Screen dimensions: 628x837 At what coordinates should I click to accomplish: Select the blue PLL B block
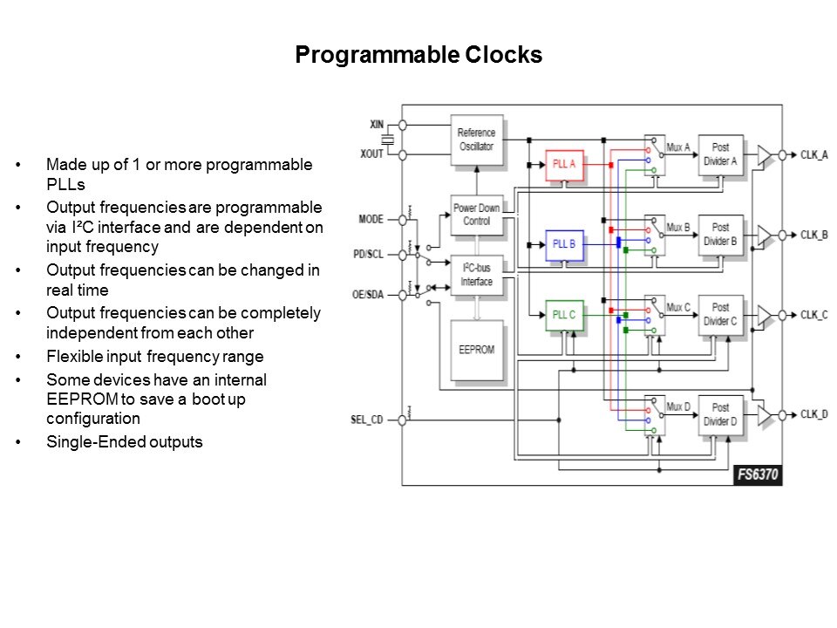click(564, 244)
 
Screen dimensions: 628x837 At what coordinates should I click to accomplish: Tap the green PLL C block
click(564, 315)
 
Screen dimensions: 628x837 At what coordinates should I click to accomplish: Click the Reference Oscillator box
click(476, 140)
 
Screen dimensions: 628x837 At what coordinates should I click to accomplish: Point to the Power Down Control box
click(477, 215)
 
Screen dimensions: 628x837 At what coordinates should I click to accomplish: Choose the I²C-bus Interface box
click(477, 276)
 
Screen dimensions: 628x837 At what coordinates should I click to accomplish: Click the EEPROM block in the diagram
click(477, 350)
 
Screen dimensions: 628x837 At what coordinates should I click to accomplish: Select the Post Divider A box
click(721, 154)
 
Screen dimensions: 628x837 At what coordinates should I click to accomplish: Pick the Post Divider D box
click(721, 414)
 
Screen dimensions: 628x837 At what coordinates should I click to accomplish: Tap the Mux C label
click(678, 307)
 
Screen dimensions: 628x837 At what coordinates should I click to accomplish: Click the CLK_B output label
click(814, 235)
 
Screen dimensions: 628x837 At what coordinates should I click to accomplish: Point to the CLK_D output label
click(814, 414)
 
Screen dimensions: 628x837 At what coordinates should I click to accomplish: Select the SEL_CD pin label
click(367, 420)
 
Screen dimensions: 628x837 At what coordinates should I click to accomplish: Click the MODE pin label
click(371, 219)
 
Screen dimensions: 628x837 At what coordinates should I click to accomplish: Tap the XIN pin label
click(377, 126)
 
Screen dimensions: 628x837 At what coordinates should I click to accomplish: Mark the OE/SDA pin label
click(368, 294)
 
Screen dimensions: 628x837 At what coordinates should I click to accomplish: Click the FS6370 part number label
click(757, 476)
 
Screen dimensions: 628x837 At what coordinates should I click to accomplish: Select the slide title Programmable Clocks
click(418, 55)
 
